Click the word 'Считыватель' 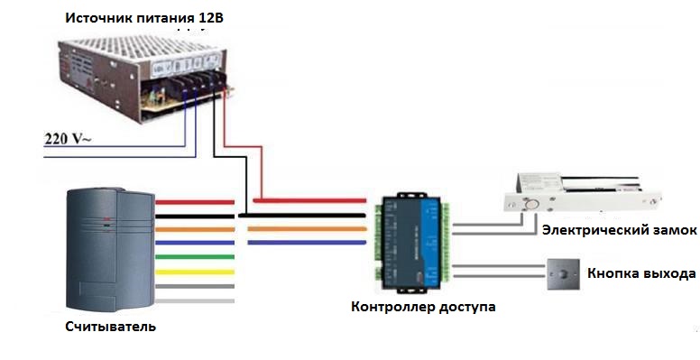click(x=110, y=326)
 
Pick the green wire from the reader click(x=194, y=257)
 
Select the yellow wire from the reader click(x=194, y=272)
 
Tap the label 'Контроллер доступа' click(x=423, y=307)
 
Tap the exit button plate click(x=562, y=272)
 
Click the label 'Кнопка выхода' click(x=640, y=272)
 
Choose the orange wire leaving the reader click(x=194, y=229)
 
